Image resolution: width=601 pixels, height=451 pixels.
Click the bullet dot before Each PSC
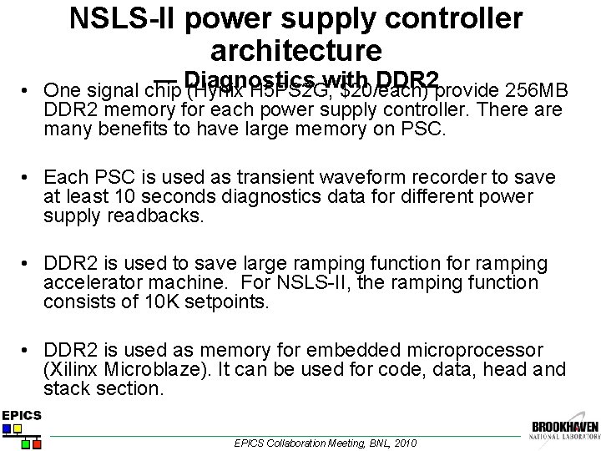(28, 178)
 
